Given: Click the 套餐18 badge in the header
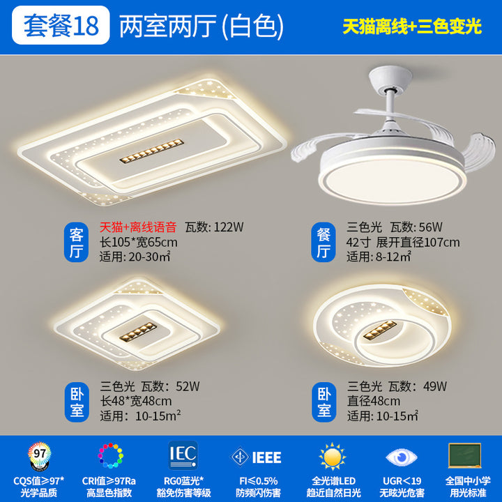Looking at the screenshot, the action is tap(61, 25).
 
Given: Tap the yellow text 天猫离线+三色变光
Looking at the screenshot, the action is tap(412, 26).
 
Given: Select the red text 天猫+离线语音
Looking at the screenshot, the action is tap(138, 227).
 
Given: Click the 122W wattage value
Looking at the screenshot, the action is tap(229, 227).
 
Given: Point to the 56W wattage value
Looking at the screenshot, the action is tap(430, 227).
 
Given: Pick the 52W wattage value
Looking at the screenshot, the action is tap(188, 386).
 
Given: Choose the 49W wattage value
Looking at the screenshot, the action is tap(435, 386).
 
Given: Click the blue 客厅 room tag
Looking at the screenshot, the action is tap(76, 243).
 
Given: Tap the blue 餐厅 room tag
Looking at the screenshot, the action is tap(324, 243).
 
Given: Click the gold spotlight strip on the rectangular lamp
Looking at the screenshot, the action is tap(152, 151).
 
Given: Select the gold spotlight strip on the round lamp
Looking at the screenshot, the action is tap(380, 330).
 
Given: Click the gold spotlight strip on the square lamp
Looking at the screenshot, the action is tap(138, 332).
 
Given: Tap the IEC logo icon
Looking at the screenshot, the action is tap(183, 455).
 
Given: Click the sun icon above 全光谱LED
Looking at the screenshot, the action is tap(333, 456).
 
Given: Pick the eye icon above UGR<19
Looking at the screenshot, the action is tap(402, 457).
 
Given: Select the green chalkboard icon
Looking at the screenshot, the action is tap(465, 455).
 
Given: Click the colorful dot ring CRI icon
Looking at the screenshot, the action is tap(110, 455).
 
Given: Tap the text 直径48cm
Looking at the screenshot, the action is tap(374, 401).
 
